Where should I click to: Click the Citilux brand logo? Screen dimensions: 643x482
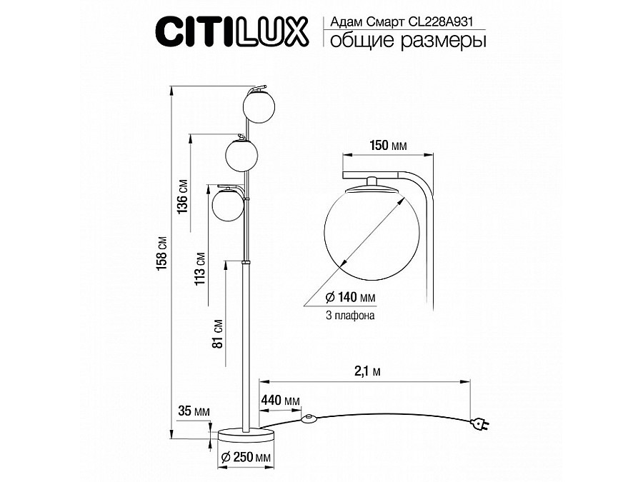point(231,31)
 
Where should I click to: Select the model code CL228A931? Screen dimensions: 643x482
point(441,21)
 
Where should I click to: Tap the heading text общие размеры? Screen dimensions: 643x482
point(408,41)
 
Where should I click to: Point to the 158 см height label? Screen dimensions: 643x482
point(162,253)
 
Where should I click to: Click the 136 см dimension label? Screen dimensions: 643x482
point(182,196)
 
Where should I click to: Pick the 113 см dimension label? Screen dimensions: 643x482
point(200,268)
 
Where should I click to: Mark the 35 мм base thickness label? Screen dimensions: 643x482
point(194,411)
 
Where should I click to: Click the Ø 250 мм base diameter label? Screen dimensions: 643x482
point(246,458)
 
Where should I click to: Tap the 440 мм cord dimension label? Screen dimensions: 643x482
point(281,400)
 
